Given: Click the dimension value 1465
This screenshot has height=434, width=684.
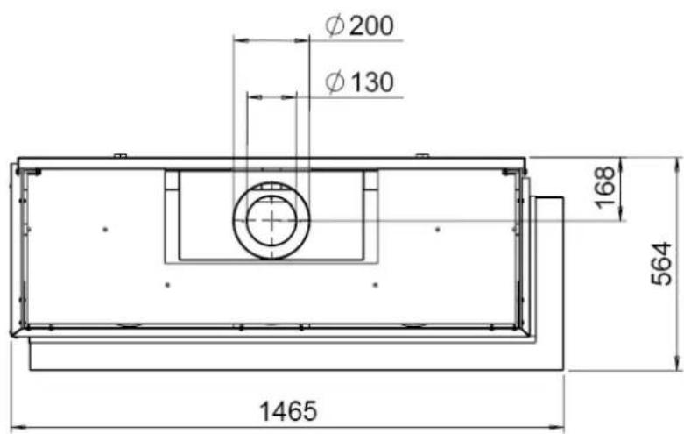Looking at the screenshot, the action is (288, 411).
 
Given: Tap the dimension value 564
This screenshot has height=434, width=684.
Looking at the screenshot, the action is (661, 264).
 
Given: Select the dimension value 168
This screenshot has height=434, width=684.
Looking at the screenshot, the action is (605, 188).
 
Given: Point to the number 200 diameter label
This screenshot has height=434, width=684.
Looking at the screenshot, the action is (371, 25).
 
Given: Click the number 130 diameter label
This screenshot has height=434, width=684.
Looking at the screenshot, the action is (372, 82).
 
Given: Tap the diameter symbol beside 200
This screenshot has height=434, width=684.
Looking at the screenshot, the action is (335, 25).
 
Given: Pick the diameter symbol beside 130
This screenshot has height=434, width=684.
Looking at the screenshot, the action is (335, 82).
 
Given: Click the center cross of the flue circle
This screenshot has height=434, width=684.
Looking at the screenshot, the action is (271, 221).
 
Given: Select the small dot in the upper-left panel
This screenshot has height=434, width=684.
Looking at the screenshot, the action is (105, 229).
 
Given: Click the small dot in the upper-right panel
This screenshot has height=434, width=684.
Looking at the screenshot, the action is (438, 229).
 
